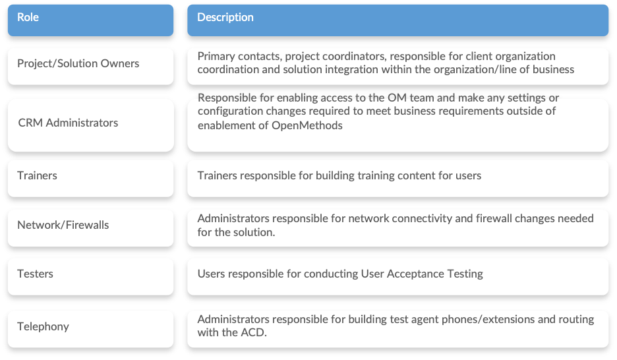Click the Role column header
click(x=90, y=20)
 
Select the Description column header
click(x=398, y=20)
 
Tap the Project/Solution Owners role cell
click(x=90, y=66)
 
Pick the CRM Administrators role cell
click(x=90, y=125)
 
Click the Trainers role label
click(x=37, y=175)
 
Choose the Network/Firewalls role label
click(x=63, y=225)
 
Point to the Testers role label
click(x=35, y=274)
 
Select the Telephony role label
click(x=43, y=326)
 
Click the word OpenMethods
click(x=307, y=125)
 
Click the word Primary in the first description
click(x=215, y=57)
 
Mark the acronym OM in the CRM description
click(x=397, y=98)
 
